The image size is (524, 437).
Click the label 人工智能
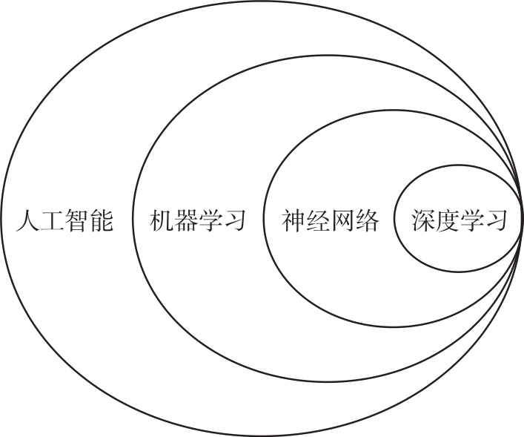(x=65, y=221)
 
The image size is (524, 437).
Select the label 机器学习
(x=197, y=221)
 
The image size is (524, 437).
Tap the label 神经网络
(x=330, y=221)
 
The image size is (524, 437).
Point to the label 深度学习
(x=460, y=221)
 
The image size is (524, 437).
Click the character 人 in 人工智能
(x=28, y=221)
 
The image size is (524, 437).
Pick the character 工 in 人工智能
(x=53, y=221)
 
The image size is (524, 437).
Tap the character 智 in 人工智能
(x=78, y=221)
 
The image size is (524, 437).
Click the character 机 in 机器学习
(x=161, y=221)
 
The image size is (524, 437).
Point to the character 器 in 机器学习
(x=185, y=221)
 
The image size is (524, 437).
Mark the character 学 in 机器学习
(x=210, y=221)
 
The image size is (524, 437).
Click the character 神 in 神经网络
(x=293, y=221)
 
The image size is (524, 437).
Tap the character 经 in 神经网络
(x=318, y=221)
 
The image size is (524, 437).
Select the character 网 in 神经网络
(x=342, y=221)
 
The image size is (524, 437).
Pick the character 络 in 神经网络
(x=367, y=221)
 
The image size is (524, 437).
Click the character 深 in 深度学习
(x=423, y=221)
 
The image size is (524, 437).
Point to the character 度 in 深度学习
(x=448, y=221)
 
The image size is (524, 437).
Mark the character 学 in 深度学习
(x=472, y=221)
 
